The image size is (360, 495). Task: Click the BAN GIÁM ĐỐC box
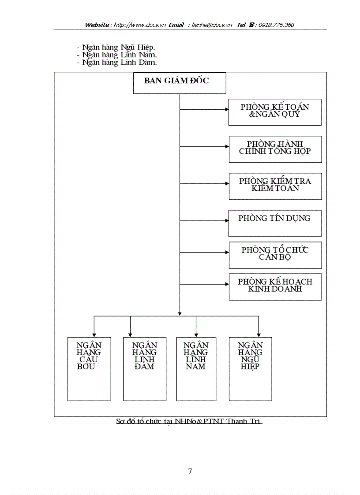coord(180,83)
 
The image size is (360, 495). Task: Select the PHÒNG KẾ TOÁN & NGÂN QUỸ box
coord(275,112)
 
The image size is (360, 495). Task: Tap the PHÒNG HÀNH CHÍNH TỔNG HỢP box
coord(275,149)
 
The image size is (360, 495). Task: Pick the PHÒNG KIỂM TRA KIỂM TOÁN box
coord(275,186)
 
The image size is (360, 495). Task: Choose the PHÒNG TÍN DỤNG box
coord(275,223)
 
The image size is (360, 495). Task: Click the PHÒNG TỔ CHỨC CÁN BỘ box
coord(275,255)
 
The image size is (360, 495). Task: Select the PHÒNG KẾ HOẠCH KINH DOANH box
coord(275,287)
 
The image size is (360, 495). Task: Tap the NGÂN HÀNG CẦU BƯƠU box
coord(89,368)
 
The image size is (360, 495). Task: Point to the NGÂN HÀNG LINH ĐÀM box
coord(144,368)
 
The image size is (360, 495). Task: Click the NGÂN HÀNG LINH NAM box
coord(196,368)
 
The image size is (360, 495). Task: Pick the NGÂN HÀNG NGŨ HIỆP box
coord(250,368)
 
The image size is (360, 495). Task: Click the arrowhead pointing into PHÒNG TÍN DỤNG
coord(226,220)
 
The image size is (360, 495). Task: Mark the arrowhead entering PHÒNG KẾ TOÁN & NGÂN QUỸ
coord(226,109)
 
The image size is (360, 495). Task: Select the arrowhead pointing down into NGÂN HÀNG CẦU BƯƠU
coord(94,335)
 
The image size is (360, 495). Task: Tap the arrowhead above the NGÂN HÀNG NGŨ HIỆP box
coord(259,335)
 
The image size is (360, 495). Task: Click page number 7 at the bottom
coord(190,471)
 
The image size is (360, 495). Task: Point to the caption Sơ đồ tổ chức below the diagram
coord(189,421)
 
